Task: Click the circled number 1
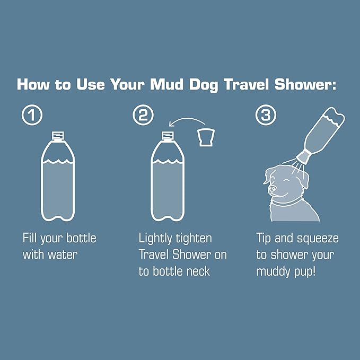[x=32, y=115]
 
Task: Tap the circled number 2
[x=143, y=115]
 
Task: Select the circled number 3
[x=266, y=115]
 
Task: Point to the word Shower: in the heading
[x=305, y=84]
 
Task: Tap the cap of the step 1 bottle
[x=58, y=135]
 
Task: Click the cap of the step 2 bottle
[x=168, y=135]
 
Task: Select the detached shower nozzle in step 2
[x=206, y=137]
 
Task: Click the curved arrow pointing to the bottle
[x=187, y=119]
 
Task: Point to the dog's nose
[x=272, y=189]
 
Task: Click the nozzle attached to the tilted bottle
[x=303, y=156]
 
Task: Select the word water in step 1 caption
[x=63, y=254]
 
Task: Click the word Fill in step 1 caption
[x=30, y=238]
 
